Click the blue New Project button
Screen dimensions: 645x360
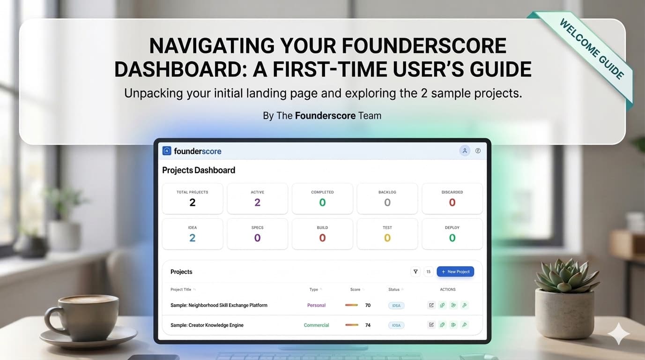pyautogui.click(x=455, y=271)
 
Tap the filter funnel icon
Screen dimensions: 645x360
pyautogui.click(x=415, y=271)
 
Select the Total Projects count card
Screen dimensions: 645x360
pyautogui.click(x=193, y=199)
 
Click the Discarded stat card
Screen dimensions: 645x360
pyautogui.click(x=452, y=199)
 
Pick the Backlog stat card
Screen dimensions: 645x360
pyautogui.click(x=387, y=199)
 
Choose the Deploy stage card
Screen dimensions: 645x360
pyautogui.click(x=452, y=234)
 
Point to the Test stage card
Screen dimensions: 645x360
pyautogui.click(x=387, y=234)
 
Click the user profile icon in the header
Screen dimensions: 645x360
pyautogui.click(x=465, y=151)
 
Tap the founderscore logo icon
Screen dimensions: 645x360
pyautogui.click(x=167, y=151)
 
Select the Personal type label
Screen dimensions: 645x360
pyautogui.click(x=316, y=305)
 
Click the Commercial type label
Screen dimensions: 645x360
pyautogui.click(x=316, y=325)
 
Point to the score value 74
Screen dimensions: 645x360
pyautogui.click(x=368, y=325)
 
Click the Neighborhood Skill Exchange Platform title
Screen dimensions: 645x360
pyautogui.click(x=219, y=305)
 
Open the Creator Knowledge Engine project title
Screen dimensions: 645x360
pyautogui.click(x=207, y=325)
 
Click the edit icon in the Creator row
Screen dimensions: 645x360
pyautogui.click(x=431, y=325)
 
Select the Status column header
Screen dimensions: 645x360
pyautogui.click(x=393, y=289)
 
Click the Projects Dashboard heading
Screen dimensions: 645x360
pyautogui.click(x=199, y=170)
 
